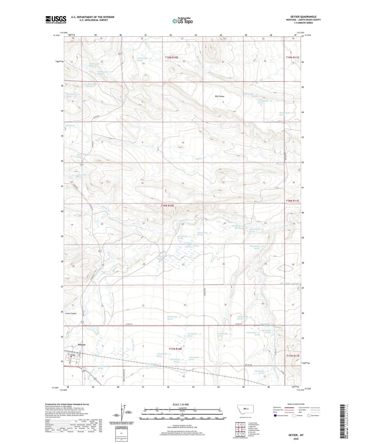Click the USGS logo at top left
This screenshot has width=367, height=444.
(56, 19)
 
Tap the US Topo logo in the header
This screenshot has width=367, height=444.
(182, 21)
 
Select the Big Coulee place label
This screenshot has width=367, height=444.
(219, 96)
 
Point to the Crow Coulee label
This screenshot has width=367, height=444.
(71, 313)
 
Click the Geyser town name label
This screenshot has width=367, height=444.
(82, 345)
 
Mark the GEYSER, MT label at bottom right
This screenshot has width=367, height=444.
(296, 435)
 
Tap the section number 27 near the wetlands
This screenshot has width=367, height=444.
(183, 264)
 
